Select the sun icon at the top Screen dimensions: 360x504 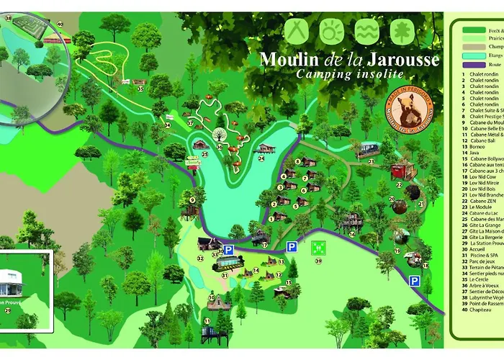coord(332,32)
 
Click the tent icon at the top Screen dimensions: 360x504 coord(296,32)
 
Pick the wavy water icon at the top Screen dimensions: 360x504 coord(367,32)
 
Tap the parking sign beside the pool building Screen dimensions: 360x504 coord(228,251)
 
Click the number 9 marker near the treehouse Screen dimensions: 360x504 coord(192,200)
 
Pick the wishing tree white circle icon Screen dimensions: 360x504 coord(218,134)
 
